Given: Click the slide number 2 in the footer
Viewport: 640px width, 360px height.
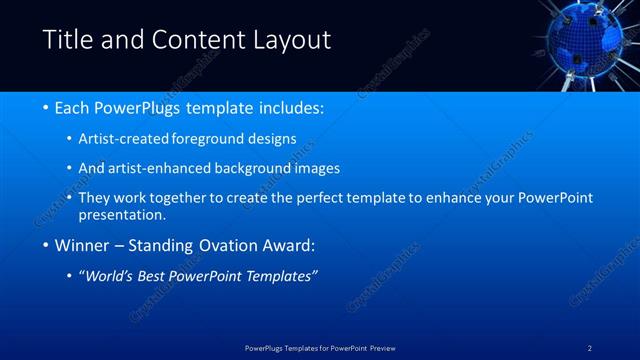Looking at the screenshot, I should (590, 348).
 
